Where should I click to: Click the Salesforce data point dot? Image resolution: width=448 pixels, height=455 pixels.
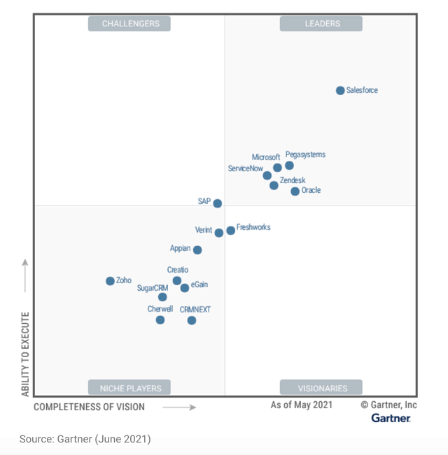[x=340, y=90]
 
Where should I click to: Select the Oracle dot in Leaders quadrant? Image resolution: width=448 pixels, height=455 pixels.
[x=295, y=191]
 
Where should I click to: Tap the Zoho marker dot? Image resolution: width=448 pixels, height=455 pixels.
[x=110, y=281]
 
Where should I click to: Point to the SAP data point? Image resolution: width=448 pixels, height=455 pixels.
[x=218, y=203]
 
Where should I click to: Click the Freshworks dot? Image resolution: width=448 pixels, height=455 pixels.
[x=231, y=231]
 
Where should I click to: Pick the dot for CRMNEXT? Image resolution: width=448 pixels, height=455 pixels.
[x=192, y=320]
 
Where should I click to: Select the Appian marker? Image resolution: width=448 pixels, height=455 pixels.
[x=197, y=250]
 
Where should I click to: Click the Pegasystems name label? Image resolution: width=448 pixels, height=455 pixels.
[x=305, y=154]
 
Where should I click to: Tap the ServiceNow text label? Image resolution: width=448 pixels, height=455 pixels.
[x=246, y=168]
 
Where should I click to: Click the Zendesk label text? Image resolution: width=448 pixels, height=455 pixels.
[x=293, y=180]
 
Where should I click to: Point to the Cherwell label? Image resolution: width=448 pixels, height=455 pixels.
[x=160, y=309]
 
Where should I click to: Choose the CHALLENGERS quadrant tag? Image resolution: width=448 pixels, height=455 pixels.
[x=130, y=24]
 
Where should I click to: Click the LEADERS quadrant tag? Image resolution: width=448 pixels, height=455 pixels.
[x=321, y=24]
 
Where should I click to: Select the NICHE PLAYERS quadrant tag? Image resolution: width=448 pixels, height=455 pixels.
[x=130, y=388]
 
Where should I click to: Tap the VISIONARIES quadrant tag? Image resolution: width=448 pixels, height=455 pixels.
[x=321, y=388]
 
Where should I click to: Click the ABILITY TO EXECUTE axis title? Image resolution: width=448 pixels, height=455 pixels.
[x=25, y=354]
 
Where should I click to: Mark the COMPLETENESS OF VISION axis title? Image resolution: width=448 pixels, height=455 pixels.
[x=89, y=407]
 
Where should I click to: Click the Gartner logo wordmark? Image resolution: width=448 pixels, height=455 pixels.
[x=391, y=418]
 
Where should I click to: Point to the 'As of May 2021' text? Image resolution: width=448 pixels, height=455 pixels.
[x=302, y=405]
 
